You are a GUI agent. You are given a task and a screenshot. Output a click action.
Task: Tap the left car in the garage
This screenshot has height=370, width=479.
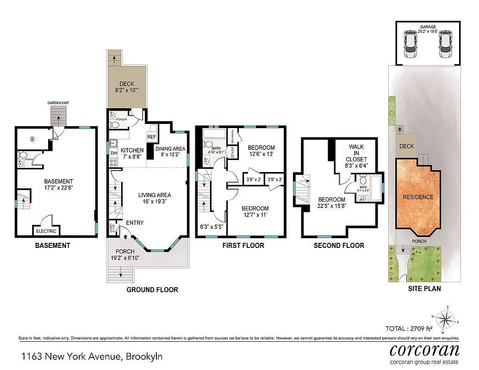pos(410,44)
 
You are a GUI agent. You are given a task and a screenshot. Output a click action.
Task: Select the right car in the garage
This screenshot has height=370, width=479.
pos(445,44)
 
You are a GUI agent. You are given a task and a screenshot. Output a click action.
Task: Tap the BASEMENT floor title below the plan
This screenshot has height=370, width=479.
pos(53,246)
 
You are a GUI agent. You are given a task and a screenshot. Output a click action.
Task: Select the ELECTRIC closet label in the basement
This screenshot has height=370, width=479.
pos(46,231)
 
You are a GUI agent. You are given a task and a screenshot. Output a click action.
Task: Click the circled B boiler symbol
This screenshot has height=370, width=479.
pos(32,138)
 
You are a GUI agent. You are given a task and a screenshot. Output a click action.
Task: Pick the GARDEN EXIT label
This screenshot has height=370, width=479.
pos(58,103)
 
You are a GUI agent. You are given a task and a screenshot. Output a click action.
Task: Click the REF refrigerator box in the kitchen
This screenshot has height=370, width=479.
pos(151,137)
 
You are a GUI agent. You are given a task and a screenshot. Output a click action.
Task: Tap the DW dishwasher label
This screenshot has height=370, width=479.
pos(114,154)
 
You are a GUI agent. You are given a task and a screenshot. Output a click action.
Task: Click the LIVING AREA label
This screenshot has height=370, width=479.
pos(155,195)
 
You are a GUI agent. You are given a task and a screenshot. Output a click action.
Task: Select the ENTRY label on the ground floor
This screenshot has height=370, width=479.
pos(134,223)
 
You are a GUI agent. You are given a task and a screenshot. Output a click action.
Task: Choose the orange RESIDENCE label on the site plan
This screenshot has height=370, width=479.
pos(417,197)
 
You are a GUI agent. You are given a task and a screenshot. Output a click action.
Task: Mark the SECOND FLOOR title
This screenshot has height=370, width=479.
pos(339,246)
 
